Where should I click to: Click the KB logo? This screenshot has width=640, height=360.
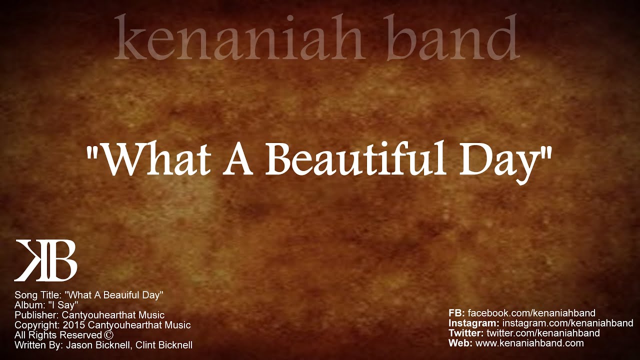tap(45, 260)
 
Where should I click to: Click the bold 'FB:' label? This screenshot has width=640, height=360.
tap(457, 313)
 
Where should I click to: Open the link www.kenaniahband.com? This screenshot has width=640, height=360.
tap(529, 343)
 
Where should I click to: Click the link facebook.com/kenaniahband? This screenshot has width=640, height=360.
tap(531, 313)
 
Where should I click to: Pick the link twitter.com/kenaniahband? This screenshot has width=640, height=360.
tap(543, 333)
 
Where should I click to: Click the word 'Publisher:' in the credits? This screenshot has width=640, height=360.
tap(37, 315)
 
